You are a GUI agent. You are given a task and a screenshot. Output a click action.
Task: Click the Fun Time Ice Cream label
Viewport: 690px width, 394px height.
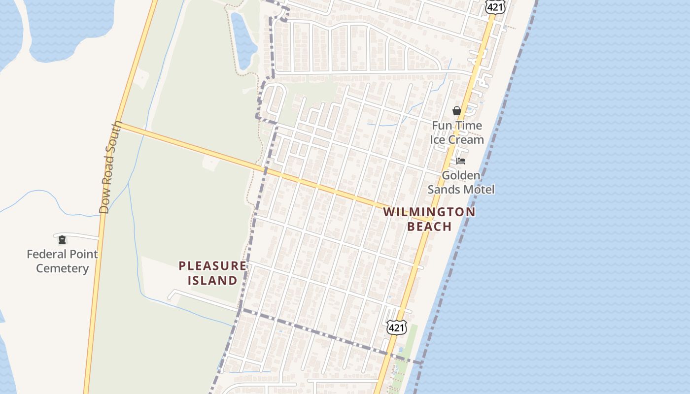(457, 132)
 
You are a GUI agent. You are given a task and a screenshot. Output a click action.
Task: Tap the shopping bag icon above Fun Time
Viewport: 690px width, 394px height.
(457, 111)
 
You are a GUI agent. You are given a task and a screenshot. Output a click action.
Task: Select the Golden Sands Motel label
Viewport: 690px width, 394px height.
(461, 182)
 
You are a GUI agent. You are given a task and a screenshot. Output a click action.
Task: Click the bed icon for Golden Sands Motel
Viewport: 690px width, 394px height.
(461, 161)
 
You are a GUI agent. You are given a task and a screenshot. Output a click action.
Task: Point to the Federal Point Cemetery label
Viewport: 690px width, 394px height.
(62, 261)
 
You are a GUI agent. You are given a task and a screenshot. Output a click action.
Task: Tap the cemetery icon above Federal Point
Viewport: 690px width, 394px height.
(62, 240)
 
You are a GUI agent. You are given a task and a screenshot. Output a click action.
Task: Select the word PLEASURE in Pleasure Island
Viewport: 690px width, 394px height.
(212, 266)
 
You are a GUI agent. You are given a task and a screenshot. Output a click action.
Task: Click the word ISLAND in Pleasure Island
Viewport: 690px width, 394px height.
(212, 281)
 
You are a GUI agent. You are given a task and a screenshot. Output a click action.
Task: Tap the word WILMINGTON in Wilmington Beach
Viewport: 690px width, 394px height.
(429, 212)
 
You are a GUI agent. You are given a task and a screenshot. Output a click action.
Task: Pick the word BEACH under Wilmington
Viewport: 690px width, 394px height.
(430, 227)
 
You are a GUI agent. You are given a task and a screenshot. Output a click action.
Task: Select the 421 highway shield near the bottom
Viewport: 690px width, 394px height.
(396, 327)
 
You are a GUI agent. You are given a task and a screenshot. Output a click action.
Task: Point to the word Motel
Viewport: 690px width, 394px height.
(479, 190)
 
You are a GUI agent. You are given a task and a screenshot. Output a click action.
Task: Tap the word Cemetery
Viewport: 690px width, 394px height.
(62, 268)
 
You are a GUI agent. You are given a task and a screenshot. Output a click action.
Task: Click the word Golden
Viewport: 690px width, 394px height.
(461, 175)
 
